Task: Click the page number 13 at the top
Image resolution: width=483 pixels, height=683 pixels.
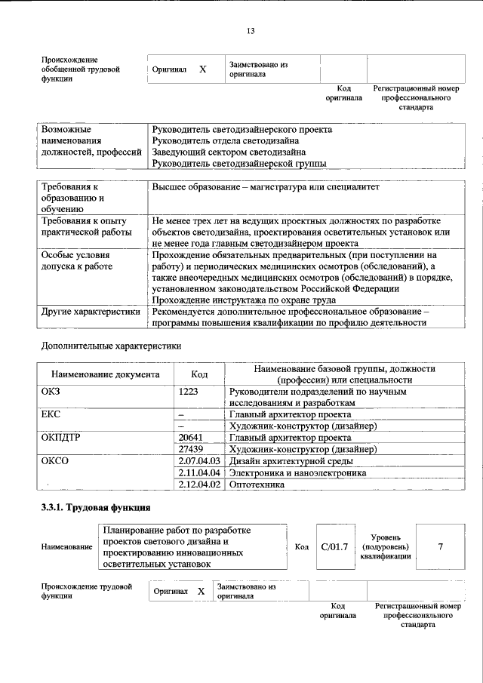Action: click(x=251, y=31)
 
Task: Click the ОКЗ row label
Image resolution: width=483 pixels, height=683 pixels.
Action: click(x=51, y=392)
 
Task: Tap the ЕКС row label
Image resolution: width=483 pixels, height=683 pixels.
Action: click(x=51, y=414)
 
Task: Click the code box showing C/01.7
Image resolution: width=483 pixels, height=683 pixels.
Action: click(x=334, y=546)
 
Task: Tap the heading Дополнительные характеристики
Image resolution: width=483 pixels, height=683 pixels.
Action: click(x=112, y=346)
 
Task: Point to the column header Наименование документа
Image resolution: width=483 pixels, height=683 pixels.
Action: click(x=105, y=374)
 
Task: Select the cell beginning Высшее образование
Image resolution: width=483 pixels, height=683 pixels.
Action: click(x=265, y=186)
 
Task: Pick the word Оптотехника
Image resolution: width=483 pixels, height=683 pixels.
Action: click(x=257, y=485)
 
